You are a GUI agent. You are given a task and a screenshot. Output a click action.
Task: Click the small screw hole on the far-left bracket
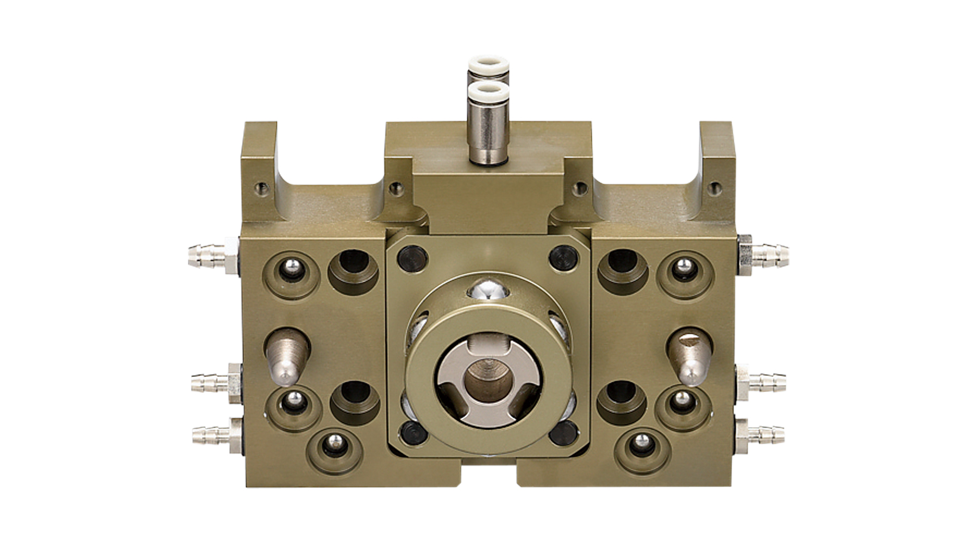point(263,190)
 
